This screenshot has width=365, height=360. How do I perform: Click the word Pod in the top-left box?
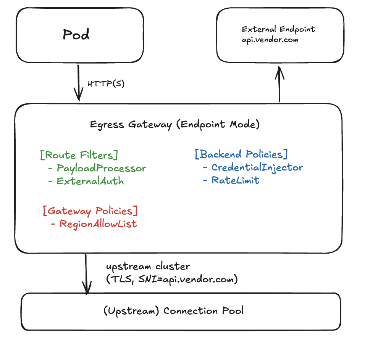(x=76, y=35)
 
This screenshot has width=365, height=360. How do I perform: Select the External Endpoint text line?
(x=278, y=29)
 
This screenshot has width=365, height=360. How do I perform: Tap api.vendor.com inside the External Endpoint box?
(x=270, y=40)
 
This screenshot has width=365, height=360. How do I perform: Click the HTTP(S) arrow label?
(x=106, y=84)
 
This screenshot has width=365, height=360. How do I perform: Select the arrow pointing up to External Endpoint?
(x=280, y=84)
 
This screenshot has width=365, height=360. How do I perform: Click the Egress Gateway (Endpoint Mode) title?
(x=175, y=125)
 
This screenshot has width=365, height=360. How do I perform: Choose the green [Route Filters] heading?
(x=79, y=155)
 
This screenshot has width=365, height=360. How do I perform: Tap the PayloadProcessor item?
(x=101, y=168)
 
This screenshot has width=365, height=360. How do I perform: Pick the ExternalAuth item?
(x=90, y=181)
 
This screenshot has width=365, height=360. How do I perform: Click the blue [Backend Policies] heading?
(x=241, y=154)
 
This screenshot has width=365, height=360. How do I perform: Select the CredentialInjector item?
(x=257, y=167)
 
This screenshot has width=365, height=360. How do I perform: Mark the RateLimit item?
(x=235, y=180)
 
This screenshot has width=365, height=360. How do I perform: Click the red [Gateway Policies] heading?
(x=90, y=211)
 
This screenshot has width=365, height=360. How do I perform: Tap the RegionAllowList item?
(x=98, y=223)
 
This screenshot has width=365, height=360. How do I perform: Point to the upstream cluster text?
(x=148, y=266)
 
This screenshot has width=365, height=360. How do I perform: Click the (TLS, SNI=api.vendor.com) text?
(x=172, y=280)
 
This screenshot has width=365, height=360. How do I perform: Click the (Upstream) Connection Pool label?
(x=173, y=311)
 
